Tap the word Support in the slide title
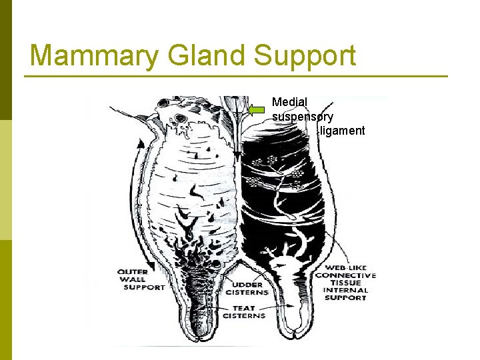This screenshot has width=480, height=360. (306, 56)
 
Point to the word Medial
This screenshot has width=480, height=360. (289, 102)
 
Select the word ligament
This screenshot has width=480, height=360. (342, 130)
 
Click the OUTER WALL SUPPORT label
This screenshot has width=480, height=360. (141, 279)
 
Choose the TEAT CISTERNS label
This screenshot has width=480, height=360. (243, 312)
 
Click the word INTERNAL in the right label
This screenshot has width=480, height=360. (345, 290)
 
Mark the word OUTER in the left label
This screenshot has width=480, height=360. (133, 272)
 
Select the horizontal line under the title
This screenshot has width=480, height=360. (236, 76)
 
